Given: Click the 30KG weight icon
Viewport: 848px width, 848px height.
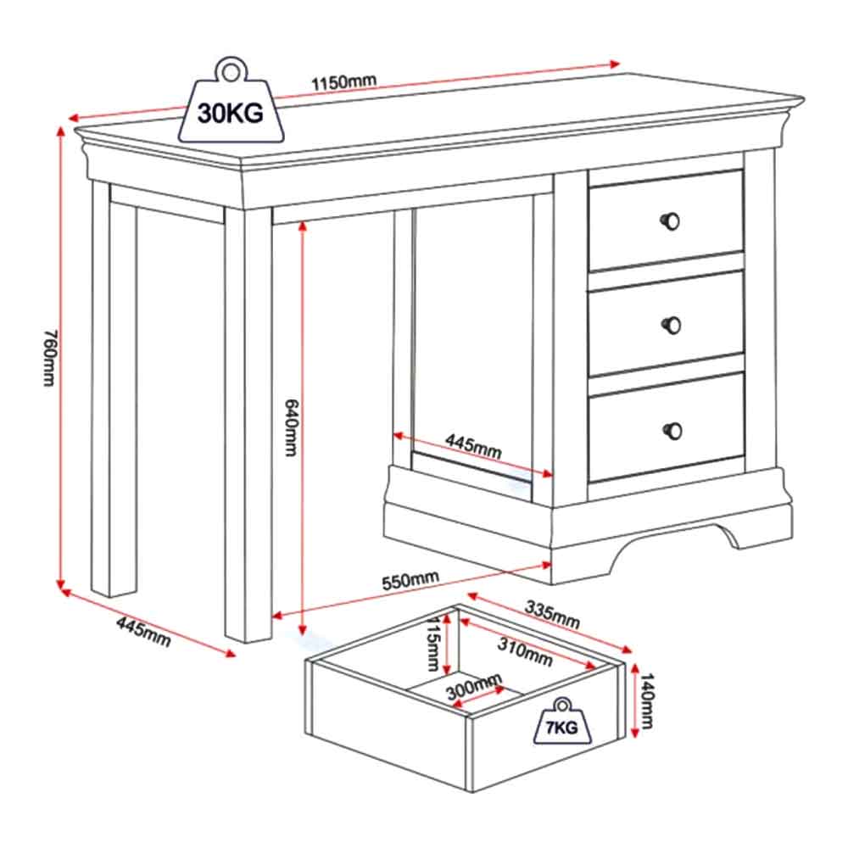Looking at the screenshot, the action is point(231,103).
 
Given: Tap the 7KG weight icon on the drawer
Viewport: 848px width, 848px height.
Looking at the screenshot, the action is point(562,722).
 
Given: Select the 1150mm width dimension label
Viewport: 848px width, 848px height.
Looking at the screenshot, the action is point(343,82).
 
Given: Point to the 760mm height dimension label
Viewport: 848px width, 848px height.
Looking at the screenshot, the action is point(49,358).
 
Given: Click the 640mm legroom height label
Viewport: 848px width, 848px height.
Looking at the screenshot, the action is point(291,427).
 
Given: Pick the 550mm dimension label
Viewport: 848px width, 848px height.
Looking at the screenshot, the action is point(410,581).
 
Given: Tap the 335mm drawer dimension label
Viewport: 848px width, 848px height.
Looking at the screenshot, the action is point(552,615).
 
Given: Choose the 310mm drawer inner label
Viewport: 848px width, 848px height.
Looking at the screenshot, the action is point(525,651).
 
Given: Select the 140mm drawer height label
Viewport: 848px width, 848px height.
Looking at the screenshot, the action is point(647,701).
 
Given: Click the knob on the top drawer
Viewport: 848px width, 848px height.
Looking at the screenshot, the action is point(671,221).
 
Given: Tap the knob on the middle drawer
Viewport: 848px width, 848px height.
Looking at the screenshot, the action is point(672,325).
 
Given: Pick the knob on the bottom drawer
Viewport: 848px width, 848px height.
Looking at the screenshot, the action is point(672,431).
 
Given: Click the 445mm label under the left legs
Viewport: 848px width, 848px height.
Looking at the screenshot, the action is point(144,632).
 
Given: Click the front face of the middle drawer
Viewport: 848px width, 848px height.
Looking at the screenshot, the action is point(667,323).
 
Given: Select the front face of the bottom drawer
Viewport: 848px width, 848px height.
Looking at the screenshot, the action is point(667,427).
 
